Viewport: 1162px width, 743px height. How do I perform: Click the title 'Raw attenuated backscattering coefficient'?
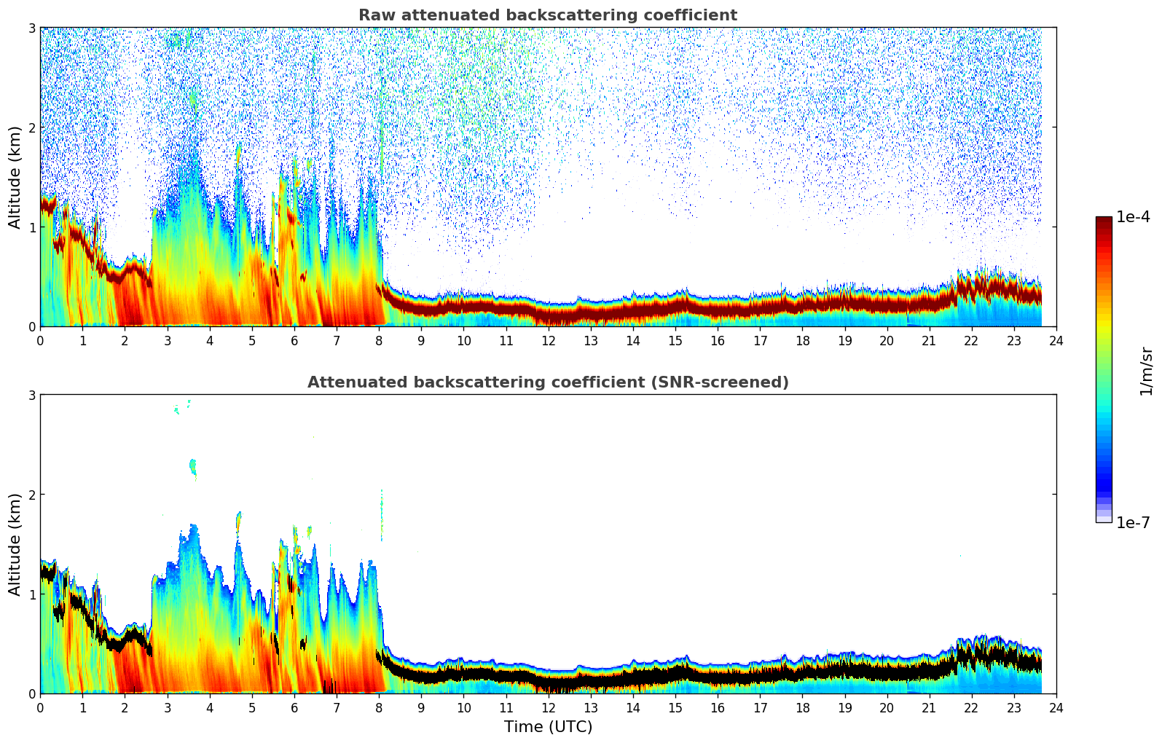coord(548,15)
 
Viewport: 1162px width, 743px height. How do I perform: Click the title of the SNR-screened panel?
coord(548,382)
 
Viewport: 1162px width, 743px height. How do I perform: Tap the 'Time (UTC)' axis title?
coord(548,727)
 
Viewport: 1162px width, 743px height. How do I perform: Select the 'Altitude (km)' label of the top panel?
coord(15,177)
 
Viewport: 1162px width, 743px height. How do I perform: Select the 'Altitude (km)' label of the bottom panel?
coord(15,544)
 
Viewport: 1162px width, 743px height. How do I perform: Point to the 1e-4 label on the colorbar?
coord(1133,217)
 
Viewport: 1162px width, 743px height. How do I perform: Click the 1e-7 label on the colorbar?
coord(1133,522)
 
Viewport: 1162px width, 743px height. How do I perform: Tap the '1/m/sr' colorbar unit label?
coord(1147,371)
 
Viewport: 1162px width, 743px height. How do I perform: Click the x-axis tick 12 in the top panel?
coord(549,340)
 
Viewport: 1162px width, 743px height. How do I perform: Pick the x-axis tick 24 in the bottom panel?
coord(1056,707)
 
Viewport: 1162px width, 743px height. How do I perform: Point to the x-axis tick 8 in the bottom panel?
coord(379,707)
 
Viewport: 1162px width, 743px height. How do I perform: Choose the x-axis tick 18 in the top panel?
coord(802,340)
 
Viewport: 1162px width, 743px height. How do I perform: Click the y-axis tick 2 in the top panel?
coord(32,127)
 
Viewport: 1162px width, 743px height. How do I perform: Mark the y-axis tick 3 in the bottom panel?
coord(32,395)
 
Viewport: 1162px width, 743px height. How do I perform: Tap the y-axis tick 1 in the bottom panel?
coord(32,594)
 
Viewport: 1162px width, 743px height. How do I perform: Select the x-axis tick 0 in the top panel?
coord(40,340)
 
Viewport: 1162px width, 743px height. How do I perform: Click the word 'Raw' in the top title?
coord(373,15)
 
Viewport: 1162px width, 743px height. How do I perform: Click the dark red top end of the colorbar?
coord(1104,220)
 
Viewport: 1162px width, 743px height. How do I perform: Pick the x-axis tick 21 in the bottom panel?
coord(929,707)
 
